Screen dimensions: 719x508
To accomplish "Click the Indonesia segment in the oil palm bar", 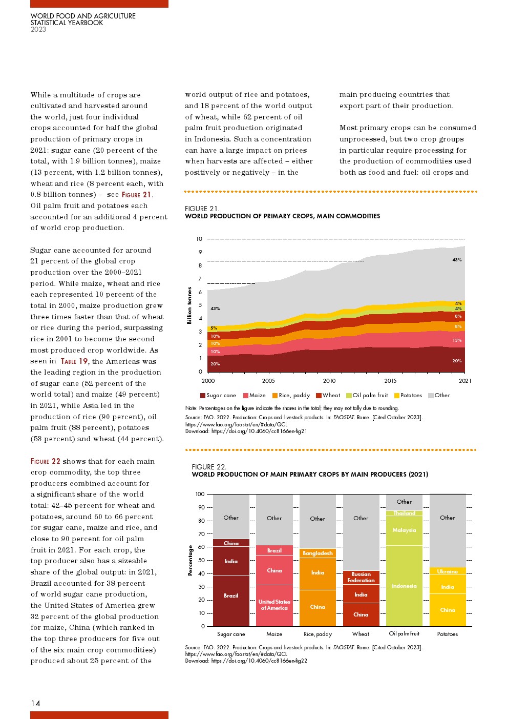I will click(x=404, y=586).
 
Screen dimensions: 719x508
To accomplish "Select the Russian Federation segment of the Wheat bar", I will click(x=361, y=578).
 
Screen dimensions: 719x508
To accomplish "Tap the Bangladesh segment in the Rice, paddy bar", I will click(x=317, y=553).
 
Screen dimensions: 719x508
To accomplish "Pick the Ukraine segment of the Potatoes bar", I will click(x=448, y=571).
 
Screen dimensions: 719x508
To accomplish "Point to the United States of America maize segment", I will click(x=274, y=605).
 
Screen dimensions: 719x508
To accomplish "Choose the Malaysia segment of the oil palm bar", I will click(x=404, y=530).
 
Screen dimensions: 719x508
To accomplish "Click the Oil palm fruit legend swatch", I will click(x=349, y=396).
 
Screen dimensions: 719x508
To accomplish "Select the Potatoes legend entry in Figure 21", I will click(x=408, y=396).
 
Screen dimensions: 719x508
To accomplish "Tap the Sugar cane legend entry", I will click(x=218, y=396).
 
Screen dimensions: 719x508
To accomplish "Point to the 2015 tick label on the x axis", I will click(x=390, y=381).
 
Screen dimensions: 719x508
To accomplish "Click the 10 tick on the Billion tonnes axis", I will click(x=199, y=239).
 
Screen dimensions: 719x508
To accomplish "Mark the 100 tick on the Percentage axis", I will click(x=200, y=495).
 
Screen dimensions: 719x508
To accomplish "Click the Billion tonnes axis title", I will click(x=189, y=305).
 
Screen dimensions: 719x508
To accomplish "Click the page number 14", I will click(x=35, y=703).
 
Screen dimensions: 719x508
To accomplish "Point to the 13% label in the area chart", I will click(x=457, y=340).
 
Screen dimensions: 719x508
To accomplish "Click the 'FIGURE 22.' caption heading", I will click(x=209, y=467).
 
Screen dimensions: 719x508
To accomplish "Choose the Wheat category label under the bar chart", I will click(x=361, y=634).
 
